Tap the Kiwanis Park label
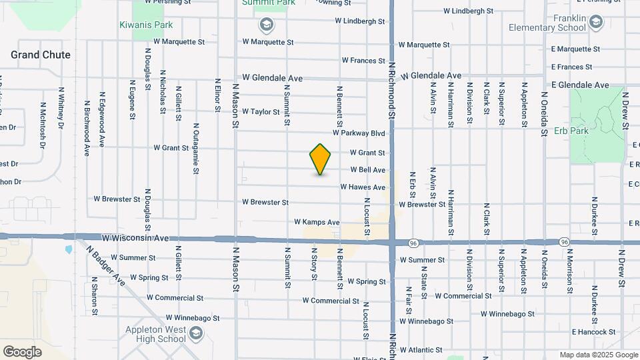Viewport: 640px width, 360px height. pyautogui.click(x=146, y=25)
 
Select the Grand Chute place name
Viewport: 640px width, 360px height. pyautogui.click(x=41, y=55)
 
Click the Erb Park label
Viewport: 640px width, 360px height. pyautogui.click(x=571, y=131)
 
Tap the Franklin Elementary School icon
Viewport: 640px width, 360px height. pyautogui.click(x=595, y=23)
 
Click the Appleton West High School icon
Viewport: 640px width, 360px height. pyautogui.click(x=196, y=333)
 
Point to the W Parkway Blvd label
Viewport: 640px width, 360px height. pyautogui.click(x=363, y=133)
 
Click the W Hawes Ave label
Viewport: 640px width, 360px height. pyautogui.click(x=363, y=187)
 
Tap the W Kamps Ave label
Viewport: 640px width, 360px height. pyautogui.click(x=317, y=222)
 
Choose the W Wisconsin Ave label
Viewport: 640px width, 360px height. pyautogui.click(x=135, y=237)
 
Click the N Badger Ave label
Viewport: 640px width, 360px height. pyautogui.click(x=105, y=265)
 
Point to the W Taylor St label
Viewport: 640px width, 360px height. pyautogui.click(x=261, y=111)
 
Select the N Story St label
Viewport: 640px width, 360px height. pyautogui.click(x=313, y=268)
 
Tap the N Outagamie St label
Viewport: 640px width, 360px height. pyautogui.click(x=195, y=148)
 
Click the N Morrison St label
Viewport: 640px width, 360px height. pyautogui.click(x=570, y=271)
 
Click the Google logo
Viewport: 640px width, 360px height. pyautogui.click(x=22, y=351)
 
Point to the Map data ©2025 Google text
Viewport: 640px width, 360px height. pyautogui.click(x=599, y=355)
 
